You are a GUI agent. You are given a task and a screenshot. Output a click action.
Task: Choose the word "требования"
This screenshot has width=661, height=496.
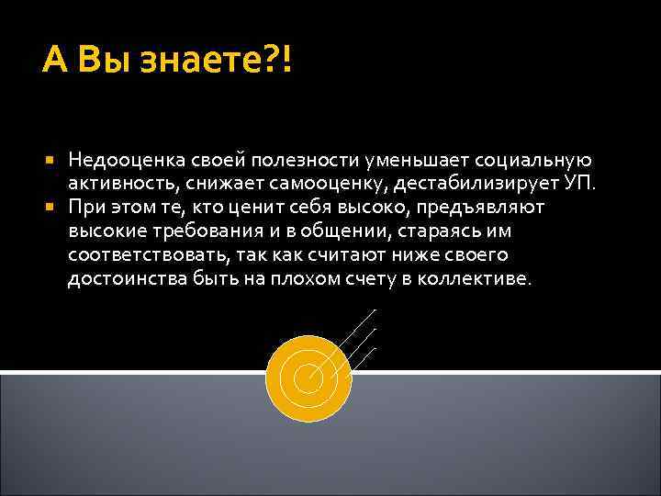point(188,231)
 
